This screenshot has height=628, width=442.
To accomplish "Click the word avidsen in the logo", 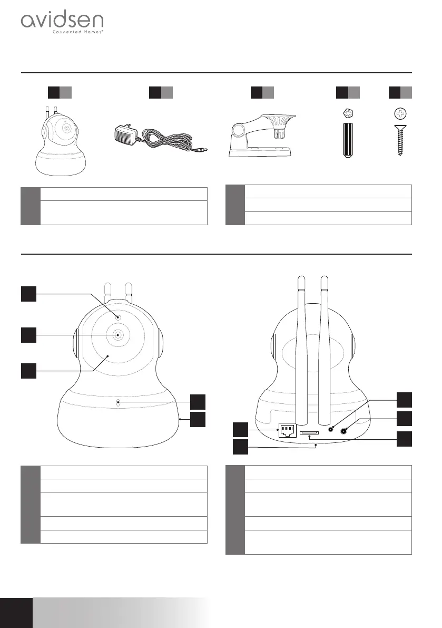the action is coord(62,22).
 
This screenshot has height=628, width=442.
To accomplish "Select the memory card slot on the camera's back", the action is coord(309,432).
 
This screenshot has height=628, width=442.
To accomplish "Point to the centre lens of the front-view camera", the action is coord(117,334).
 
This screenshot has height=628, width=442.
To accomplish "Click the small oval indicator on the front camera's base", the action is coord(118,403).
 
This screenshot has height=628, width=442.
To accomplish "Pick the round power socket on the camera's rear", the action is coord(344,431).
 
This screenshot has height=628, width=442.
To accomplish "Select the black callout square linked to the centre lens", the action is coord(28,334).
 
